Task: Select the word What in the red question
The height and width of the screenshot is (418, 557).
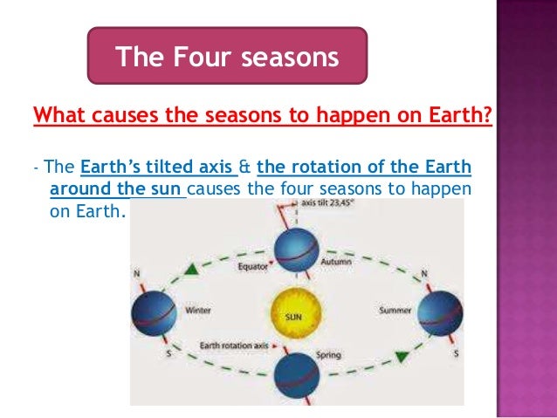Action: (x=58, y=115)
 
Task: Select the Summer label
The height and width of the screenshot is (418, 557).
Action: (x=394, y=310)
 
